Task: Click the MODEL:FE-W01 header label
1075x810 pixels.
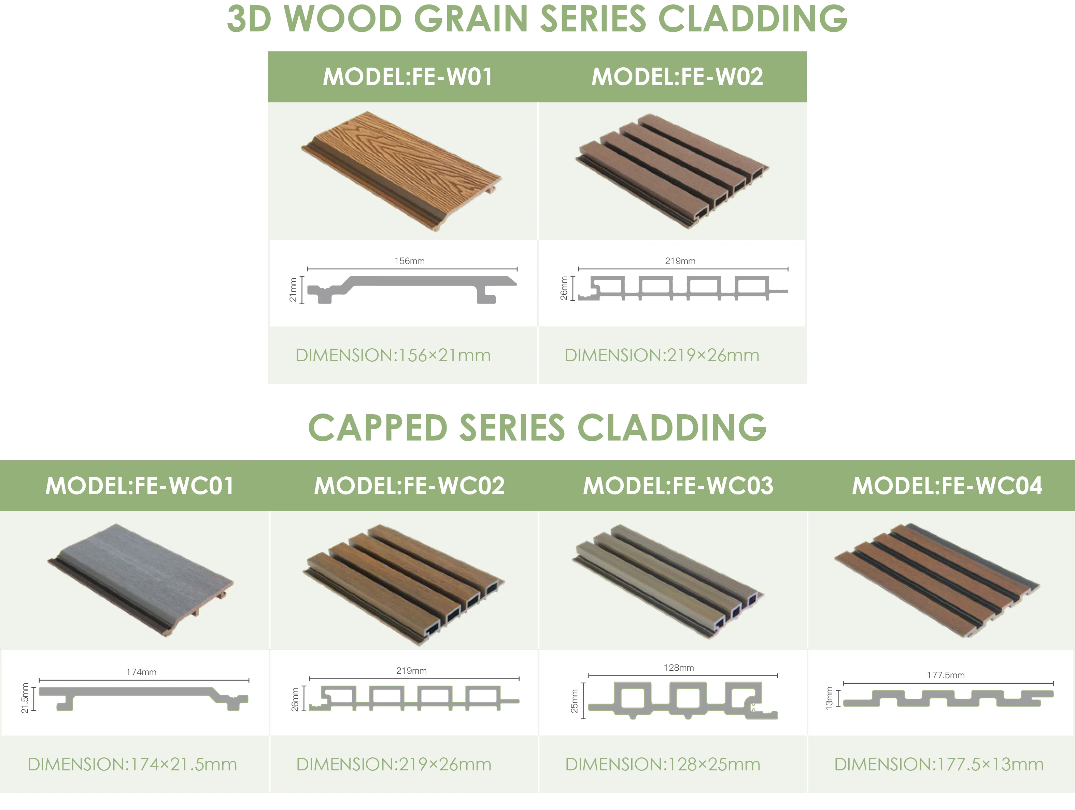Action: click(407, 77)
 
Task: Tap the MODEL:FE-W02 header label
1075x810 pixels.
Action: click(677, 77)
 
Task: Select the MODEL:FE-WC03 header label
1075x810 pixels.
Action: click(678, 486)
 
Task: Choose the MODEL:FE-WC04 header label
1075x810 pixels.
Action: click(947, 486)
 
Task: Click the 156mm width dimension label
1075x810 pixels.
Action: click(409, 261)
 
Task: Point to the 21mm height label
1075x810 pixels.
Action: click(293, 290)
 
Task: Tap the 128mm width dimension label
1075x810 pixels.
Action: click(678, 668)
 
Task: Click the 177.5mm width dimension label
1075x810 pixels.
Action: click(945, 675)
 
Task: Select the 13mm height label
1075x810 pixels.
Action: click(829, 698)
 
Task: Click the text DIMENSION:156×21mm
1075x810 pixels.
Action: click(393, 355)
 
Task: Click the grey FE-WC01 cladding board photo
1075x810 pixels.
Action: click(141, 578)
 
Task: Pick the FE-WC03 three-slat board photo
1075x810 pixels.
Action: click(668, 581)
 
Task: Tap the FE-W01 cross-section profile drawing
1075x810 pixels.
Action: click(411, 289)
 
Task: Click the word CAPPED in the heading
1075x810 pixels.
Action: click(377, 428)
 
